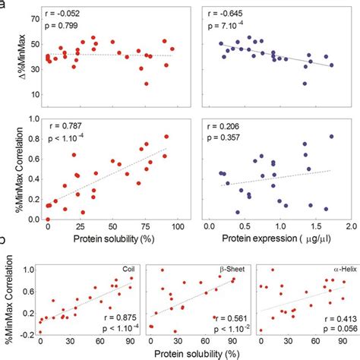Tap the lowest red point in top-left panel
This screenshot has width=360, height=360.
point(147,84)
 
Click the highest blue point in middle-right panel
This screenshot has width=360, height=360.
point(331,137)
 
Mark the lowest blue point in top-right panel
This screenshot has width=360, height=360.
point(305,84)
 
